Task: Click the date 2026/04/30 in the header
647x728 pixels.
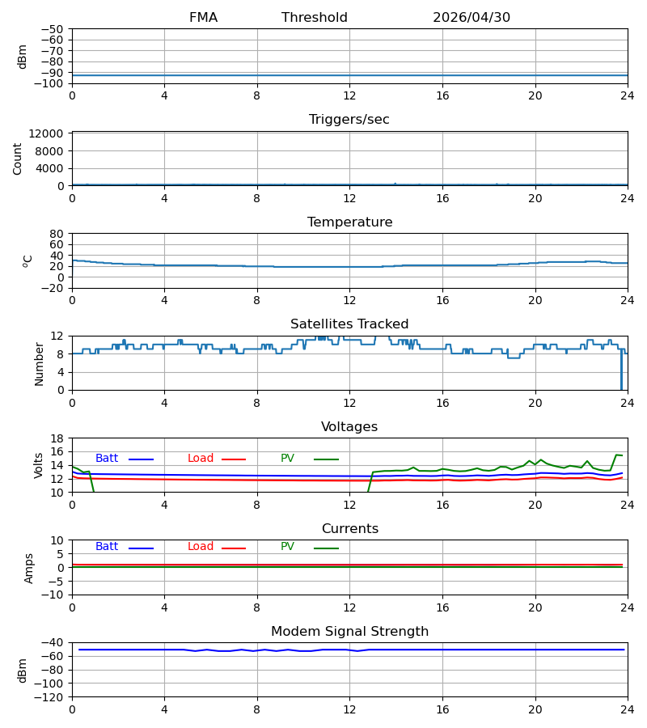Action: (471, 18)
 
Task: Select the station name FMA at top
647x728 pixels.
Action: (203, 18)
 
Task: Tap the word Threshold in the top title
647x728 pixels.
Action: (315, 18)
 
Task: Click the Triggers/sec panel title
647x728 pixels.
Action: (349, 120)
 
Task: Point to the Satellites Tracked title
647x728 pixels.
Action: (349, 324)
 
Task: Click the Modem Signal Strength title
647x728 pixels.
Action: (349, 632)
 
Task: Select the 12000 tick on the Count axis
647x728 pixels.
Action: (46, 133)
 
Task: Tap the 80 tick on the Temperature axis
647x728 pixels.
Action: (57, 234)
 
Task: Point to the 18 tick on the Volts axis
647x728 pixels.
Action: (57, 438)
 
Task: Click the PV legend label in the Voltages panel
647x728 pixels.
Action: (287, 459)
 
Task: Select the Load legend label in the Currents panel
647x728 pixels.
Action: (201, 547)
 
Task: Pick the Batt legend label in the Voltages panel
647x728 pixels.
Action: (107, 459)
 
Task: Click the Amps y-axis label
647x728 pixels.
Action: (29, 568)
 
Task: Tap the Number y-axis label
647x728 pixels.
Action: (39, 364)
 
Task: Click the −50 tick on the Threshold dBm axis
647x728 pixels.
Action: (52, 29)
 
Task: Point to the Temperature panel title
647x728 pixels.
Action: (349, 222)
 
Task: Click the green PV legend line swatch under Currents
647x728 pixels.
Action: (326, 548)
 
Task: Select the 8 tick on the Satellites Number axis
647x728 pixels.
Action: (61, 353)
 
